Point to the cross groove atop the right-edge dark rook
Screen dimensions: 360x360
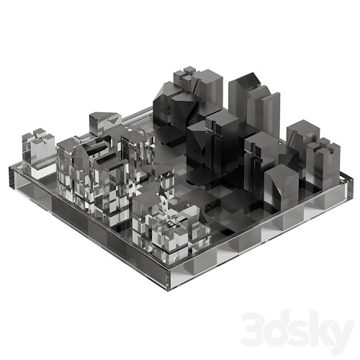[x=323, y=145]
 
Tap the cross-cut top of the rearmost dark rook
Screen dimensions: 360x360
[x=188, y=74]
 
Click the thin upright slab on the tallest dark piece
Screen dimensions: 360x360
[x=271, y=116]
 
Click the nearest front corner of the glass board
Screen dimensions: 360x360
[x=168, y=279]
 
